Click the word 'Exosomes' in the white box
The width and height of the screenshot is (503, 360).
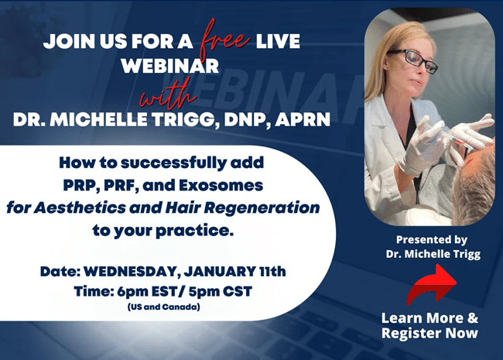point(235,187)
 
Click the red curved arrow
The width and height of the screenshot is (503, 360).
point(431,283)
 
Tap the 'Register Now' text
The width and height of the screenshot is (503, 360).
point(429,333)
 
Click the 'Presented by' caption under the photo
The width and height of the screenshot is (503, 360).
point(430,238)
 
